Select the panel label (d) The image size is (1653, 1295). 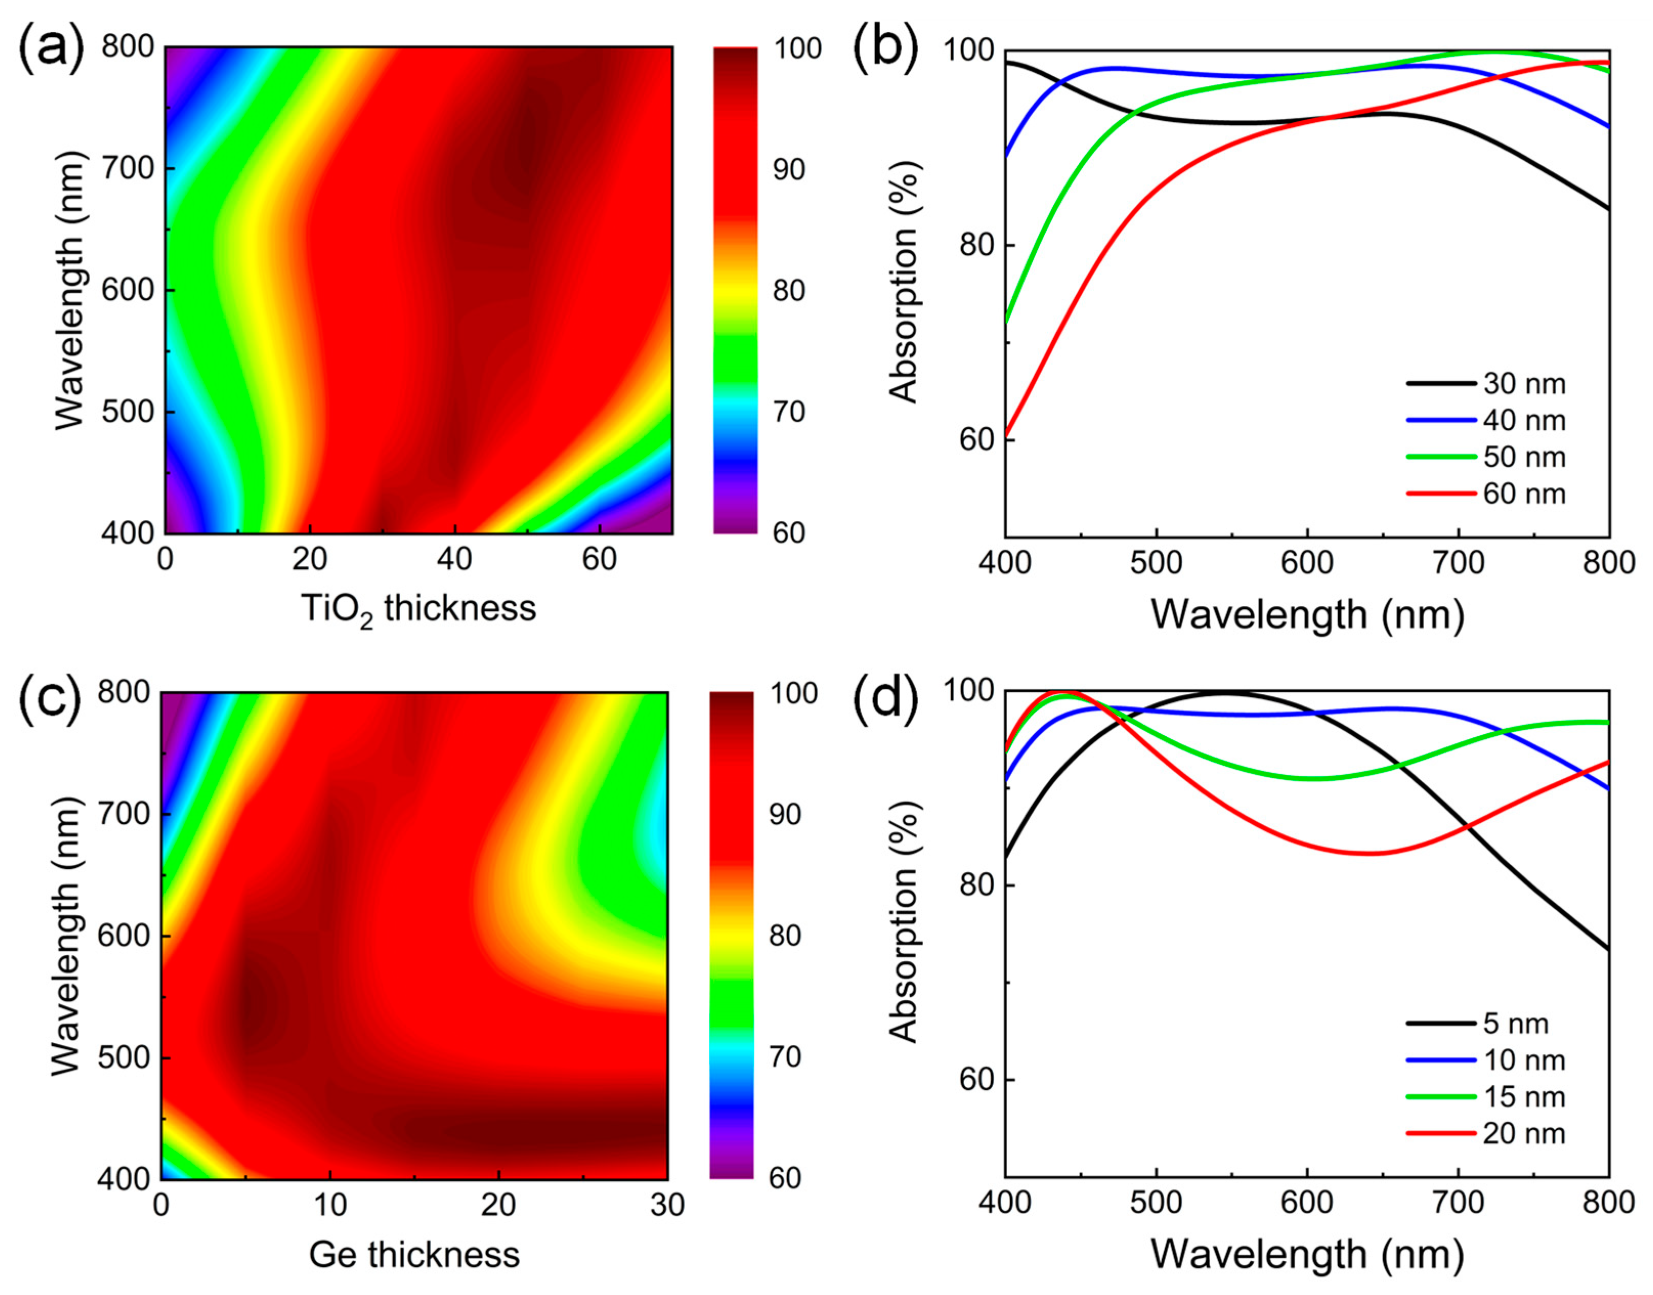click(886, 697)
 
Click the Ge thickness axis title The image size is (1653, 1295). click(414, 1255)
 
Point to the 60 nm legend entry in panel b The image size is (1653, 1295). click(1524, 494)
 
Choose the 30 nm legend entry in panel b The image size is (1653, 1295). click(1524, 384)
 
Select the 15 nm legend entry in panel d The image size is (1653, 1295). click(1524, 1097)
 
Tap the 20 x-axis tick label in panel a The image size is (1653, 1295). click(310, 560)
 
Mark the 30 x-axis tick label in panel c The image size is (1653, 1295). click(667, 1205)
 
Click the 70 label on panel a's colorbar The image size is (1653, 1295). click(789, 412)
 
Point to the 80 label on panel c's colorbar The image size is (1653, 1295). click(785, 936)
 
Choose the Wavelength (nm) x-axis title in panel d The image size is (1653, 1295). click(1307, 1255)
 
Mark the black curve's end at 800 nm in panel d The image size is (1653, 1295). click(1607, 949)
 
